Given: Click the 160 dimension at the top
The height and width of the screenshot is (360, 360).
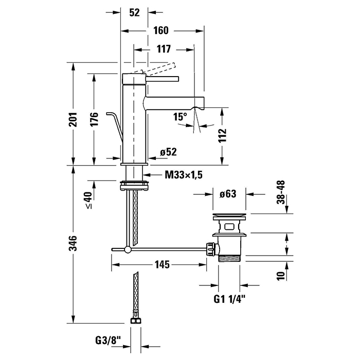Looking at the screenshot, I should coord(160,30).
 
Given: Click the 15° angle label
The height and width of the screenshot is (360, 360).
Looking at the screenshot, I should coord(180,117).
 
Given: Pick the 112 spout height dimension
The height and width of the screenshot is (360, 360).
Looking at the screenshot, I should coord(222,135).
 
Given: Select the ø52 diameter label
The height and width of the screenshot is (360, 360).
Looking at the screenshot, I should coord(168,152).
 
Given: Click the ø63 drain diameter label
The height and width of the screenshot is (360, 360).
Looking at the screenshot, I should coord(227,194).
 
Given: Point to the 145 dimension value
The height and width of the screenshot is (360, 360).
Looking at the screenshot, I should coord(161,265).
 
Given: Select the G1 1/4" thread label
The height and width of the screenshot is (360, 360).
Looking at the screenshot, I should coord(229,298).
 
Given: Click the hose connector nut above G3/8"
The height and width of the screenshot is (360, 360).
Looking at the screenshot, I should coord(135,320).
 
